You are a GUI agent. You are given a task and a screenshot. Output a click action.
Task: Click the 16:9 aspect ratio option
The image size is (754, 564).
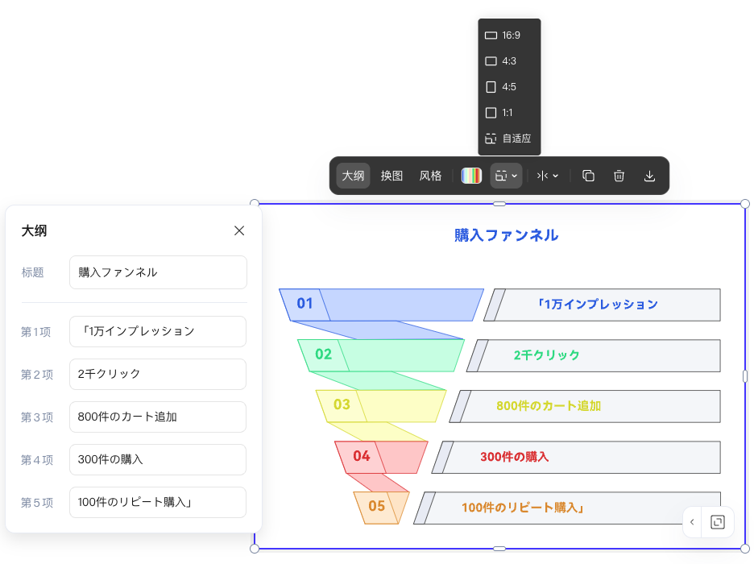(509, 35)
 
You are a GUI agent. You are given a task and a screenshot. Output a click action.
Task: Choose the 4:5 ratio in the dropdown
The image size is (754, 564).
(509, 87)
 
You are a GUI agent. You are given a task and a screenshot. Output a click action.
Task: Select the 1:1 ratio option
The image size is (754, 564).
(509, 113)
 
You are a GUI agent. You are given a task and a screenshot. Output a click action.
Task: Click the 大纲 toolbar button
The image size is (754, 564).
(353, 176)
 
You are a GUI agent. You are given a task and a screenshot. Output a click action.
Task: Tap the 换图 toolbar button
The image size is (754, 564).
(392, 176)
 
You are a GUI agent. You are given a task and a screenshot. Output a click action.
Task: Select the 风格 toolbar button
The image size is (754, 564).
(431, 176)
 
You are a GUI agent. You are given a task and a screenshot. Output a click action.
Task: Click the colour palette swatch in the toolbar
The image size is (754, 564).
(471, 176)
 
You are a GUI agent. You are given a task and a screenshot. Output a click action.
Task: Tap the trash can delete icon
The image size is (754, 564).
(619, 176)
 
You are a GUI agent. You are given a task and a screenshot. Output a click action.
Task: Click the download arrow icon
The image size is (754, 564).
(650, 176)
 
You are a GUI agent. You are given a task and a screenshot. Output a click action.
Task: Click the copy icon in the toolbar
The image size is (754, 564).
(588, 176)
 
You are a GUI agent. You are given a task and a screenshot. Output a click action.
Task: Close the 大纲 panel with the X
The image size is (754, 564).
(239, 230)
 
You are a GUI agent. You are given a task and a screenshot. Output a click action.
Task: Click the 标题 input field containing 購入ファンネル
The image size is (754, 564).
(158, 272)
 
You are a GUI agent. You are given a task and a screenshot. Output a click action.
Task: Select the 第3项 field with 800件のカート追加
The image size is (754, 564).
(158, 417)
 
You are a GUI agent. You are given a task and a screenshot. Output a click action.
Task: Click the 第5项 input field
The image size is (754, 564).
(158, 502)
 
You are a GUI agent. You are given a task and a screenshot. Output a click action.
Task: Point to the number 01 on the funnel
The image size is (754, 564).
(304, 304)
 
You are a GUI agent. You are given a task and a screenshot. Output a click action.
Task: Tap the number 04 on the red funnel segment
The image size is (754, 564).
(361, 457)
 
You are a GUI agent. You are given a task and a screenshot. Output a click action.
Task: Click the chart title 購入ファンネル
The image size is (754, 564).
(506, 235)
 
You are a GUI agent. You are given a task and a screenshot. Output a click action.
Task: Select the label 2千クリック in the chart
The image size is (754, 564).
(546, 355)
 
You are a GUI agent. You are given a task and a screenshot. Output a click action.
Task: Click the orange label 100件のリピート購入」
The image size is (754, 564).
(522, 508)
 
